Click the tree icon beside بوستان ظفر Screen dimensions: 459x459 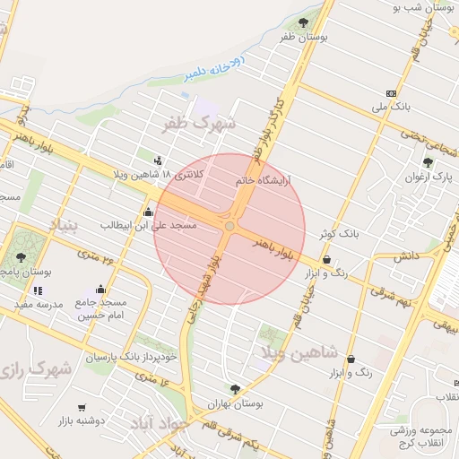click(x=304, y=21)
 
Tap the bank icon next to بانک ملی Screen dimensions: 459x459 click(x=390, y=93)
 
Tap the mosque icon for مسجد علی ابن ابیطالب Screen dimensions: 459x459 click(x=148, y=212)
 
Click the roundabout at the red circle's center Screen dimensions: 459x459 click(x=229, y=228)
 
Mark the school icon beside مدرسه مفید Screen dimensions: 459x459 click(x=38, y=290)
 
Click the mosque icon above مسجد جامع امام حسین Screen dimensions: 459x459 click(x=100, y=290)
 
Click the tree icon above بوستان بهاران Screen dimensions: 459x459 click(x=235, y=389)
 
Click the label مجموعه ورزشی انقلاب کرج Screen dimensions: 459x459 click(x=422, y=437)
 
